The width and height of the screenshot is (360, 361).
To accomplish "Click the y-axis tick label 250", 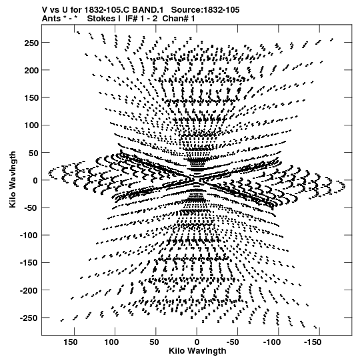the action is (31, 43).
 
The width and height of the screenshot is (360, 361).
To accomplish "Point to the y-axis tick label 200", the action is (31, 71).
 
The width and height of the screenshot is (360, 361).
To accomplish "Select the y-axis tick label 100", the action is (31, 125).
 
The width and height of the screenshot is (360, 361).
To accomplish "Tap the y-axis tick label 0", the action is (35, 180).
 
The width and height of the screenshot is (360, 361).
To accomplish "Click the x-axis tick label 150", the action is (71, 342).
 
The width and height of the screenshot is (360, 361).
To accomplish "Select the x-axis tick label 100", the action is (111, 342).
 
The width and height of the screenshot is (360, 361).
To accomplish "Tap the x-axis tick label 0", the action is (197, 342).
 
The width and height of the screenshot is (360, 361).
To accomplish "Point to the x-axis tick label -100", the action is (272, 342).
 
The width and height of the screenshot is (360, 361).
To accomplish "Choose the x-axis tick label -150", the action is (313, 342).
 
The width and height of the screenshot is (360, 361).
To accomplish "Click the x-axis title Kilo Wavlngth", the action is (197, 351).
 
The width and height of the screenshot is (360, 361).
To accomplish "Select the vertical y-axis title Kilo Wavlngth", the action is (13, 179).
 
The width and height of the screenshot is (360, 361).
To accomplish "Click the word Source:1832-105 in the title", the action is (205, 10).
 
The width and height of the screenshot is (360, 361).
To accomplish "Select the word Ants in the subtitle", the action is (51, 19).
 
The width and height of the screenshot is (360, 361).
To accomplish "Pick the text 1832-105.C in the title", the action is (107, 10).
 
